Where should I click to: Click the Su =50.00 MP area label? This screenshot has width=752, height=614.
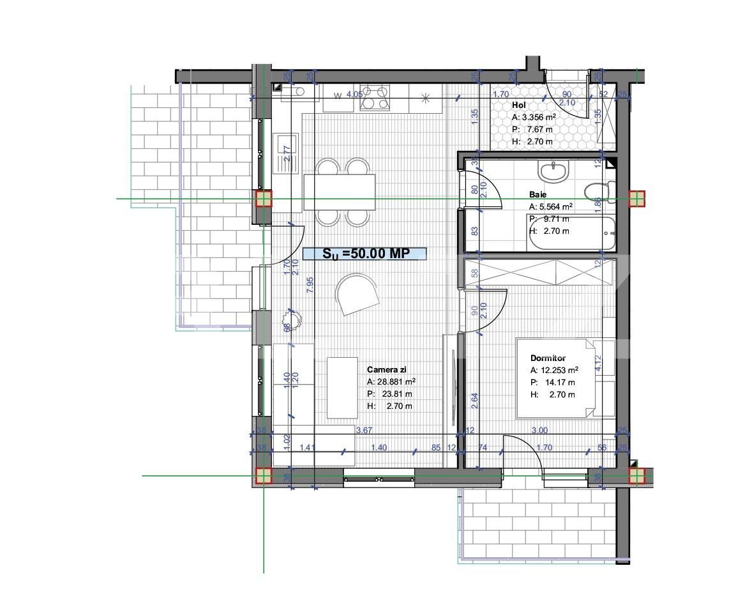pyautogui.click(x=365, y=254)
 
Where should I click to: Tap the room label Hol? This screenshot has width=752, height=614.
pyautogui.click(x=518, y=105)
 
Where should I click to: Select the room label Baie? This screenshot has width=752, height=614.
pyautogui.click(x=538, y=194)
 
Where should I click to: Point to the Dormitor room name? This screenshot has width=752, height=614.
pyautogui.click(x=548, y=358)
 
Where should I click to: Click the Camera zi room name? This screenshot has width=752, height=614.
pyautogui.click(x=387, y=369)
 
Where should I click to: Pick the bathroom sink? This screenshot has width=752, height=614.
pyautogui.click(x=553, y=171)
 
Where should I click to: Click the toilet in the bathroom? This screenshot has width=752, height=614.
pyautogui.click(x=599, y=190)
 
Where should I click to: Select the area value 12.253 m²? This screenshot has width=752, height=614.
pyautogui.click(x=555, y=371)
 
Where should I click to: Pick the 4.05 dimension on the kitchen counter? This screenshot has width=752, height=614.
pyautogui.click(x=354, y=95)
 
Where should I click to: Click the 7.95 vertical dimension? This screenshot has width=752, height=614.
pyautogui.click(x=310, y=285)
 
